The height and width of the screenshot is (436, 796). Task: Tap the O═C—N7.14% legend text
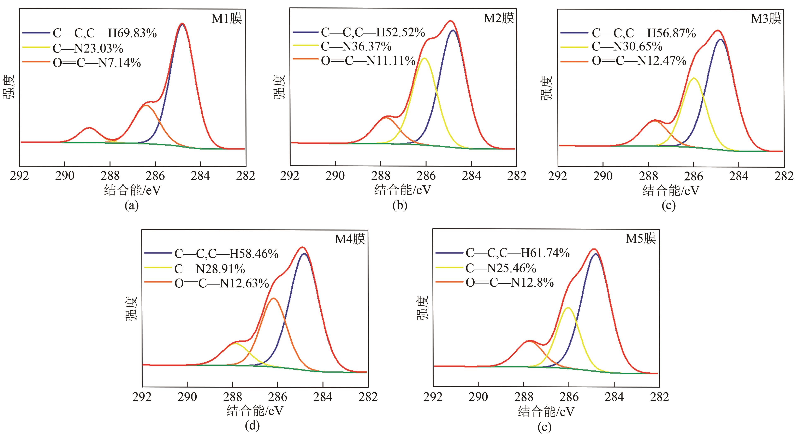click(97, 63)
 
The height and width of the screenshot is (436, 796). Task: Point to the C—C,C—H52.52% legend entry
click(373, 32)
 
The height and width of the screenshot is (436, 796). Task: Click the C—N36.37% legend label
click(356, 47)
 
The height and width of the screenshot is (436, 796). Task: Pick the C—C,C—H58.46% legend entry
click(226, 254)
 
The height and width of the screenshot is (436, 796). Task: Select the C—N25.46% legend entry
click(501, 268)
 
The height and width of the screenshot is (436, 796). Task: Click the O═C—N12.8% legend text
click(510, 283)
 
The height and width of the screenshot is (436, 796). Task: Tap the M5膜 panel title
click(641, 239)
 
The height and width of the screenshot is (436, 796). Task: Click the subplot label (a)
click(131, 205)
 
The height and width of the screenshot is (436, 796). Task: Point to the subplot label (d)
click(252, 426)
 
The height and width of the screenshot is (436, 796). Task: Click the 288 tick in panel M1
click(110, 176)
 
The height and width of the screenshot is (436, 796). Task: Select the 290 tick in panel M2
click(335, 176)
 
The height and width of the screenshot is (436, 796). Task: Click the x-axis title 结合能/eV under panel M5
click(546, 412)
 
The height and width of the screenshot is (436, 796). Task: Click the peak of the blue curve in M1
click(182, 24)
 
